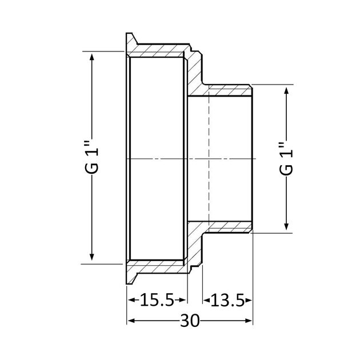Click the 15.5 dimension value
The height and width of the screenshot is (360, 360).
157,300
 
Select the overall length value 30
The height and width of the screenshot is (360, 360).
190,321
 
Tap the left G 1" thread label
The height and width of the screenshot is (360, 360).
92,159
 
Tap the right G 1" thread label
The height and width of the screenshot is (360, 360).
286,159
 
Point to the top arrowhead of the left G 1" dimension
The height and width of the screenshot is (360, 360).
92,57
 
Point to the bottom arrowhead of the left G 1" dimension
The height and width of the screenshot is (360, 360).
92,257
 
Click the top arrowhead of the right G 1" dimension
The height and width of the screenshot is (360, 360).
286,90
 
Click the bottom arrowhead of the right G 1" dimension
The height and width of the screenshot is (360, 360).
286,227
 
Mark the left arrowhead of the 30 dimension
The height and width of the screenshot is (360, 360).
131,321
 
